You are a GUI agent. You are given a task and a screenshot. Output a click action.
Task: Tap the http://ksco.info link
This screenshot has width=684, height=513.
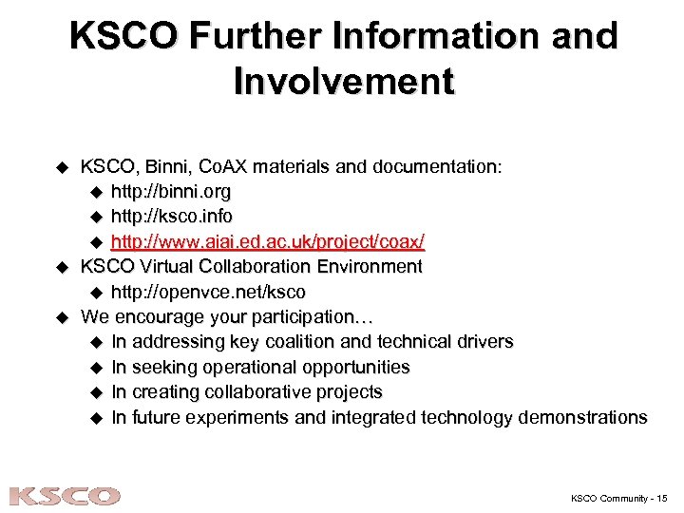171,217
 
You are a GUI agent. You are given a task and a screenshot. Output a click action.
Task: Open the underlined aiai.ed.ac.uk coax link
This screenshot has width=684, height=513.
268,241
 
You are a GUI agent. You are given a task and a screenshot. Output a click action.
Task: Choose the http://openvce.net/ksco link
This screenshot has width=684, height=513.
208,292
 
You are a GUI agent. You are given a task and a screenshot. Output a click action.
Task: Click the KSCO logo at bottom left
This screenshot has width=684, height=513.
65,496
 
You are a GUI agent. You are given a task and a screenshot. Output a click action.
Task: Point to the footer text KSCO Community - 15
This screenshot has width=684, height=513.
619,497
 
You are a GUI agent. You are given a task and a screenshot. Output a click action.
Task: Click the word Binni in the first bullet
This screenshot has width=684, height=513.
168,167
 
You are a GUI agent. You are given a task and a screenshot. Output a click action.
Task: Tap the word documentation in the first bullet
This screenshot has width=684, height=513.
430,167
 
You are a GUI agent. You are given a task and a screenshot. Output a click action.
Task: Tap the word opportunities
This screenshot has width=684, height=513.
351,367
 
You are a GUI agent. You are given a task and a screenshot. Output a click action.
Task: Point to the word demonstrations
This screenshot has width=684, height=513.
581,417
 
